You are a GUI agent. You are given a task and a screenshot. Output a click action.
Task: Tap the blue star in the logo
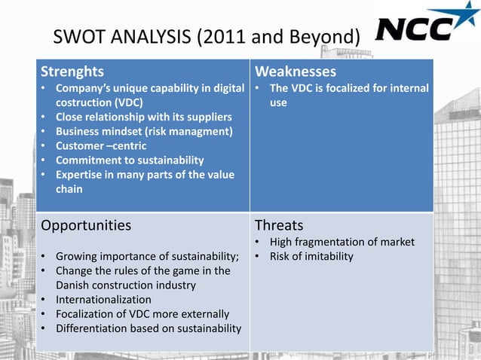pos(461,17)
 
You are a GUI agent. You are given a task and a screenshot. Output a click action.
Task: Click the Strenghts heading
pos(72,72)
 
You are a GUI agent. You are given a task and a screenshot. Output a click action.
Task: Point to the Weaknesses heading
pos(295,72)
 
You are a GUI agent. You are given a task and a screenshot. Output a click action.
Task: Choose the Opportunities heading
pos(86,225)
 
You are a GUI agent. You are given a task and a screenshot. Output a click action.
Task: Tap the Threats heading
pos(279,225)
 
